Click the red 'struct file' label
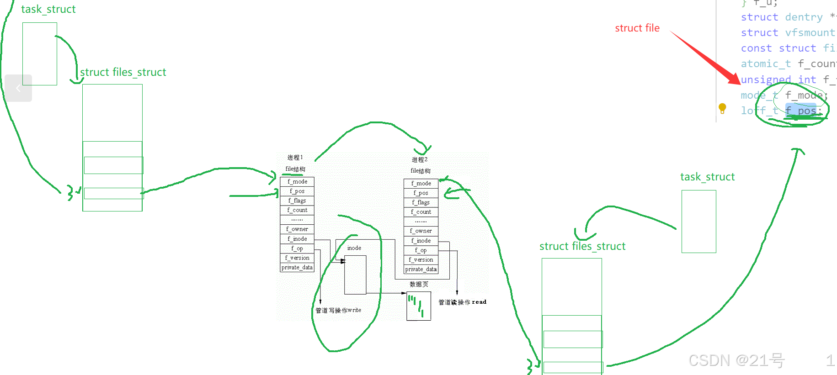coord(637,28)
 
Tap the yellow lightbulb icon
coord(722,108)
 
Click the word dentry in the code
coord(804,17)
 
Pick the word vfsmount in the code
coord(810,33)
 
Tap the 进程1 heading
coord(295,158)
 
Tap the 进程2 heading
coord(420,160)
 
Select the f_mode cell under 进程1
coord(297,182)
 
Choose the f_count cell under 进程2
coord(421,212)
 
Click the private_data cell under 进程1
coord(297,268)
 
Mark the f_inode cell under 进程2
coord(421,241)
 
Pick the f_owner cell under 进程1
coord(297,229)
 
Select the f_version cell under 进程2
coord(421,260)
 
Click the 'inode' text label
coord(354,248)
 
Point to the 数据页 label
coord(419,284)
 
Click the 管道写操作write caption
coord(338,311)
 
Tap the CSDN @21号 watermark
coord(736,361)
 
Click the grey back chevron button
coord(18,88)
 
